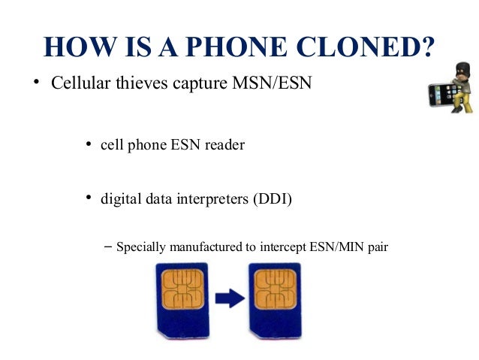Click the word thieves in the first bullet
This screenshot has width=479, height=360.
[143, 82]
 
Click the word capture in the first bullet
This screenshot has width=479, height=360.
[199, 82]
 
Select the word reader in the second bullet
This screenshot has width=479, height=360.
[224, 145]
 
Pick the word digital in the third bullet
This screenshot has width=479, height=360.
[119, 199]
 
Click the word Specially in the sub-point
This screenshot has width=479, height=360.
[140, 246]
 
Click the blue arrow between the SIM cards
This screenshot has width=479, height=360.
[229, 298]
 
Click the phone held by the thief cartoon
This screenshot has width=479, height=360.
[438, 95]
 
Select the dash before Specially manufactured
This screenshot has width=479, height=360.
[108, 246]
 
